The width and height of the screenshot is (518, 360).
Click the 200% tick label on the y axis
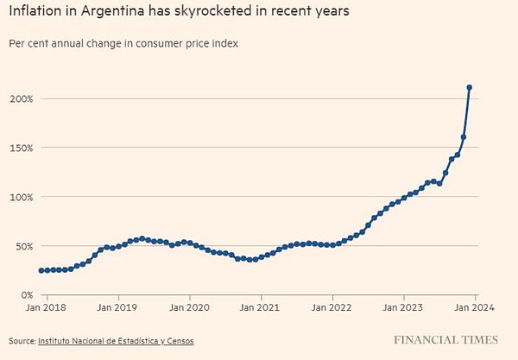[21, 98]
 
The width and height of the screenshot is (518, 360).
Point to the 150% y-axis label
[21, 148]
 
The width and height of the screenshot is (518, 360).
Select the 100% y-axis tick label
[21, 197]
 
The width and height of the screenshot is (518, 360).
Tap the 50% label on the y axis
[23, 246]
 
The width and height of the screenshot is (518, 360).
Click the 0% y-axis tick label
[26, 295]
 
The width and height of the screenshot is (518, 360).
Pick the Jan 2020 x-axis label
[186, 306]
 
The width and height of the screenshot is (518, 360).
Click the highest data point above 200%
[470, 87]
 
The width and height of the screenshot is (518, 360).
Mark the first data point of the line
[41, 270]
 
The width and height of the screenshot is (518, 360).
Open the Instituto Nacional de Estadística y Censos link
[116, 341]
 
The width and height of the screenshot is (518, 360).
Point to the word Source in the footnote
[21, 341]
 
